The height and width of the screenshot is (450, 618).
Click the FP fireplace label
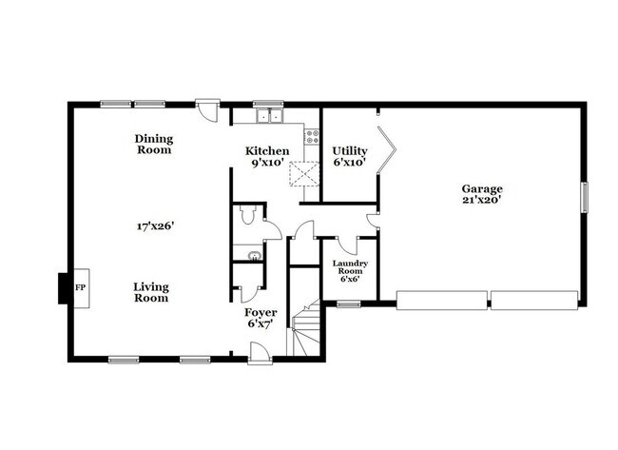point(81,287)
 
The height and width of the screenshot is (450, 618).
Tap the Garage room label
point(482,189)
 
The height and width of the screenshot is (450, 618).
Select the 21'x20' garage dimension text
point(482,200)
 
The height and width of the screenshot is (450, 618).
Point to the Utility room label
point(350,151)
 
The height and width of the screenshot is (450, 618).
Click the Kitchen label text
point(267,151)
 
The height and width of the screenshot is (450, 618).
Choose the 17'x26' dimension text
point(155,226)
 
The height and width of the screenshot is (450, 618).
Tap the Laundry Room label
point(350,267)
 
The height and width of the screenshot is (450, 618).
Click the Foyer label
point(261,313)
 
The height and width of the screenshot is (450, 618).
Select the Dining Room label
point(154,145)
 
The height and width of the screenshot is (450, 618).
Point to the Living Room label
point(151,292)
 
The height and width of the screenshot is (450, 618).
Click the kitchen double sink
point(270,116)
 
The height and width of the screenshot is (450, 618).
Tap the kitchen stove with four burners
point(313,136)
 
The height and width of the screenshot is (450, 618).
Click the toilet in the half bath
point(248,215)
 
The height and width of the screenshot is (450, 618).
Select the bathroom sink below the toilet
point(255,257)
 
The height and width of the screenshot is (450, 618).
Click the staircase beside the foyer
point(304,328)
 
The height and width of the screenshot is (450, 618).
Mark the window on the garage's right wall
point(585,197)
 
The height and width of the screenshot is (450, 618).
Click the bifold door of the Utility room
point(387,150)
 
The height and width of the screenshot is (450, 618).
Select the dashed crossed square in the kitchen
point(304,173)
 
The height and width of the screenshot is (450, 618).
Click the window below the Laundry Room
point(349,304)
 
